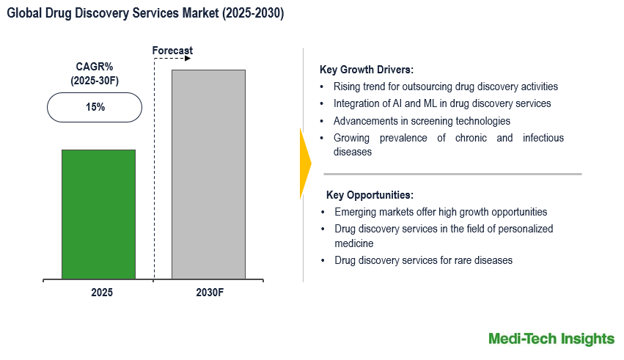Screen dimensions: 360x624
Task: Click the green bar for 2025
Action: click(98, 214)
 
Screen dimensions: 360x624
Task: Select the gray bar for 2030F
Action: click(208, 175)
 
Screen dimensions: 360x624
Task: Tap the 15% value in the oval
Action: click(95, 107)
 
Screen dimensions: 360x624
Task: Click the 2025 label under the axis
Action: click(102, 292)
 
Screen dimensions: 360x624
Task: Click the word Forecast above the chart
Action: click(172, 51)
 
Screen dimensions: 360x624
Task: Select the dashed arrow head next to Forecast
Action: click(188, 58)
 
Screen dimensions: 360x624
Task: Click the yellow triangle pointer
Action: click(305, 163)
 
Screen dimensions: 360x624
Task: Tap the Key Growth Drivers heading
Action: click(367, 70)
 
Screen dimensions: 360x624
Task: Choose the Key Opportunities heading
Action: click(370, 195)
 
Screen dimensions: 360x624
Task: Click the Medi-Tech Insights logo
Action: click(551, 339)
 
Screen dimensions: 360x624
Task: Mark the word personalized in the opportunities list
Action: click(524, 229)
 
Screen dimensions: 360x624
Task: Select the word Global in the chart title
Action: click(23, 14)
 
